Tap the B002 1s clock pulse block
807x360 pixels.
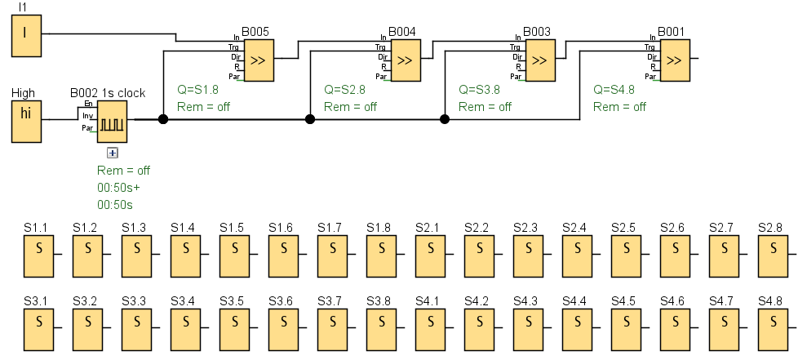tap(113, 121)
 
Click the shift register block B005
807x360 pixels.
tap(258, 60)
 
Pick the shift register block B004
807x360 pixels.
tap(405, 60)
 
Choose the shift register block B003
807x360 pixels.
tap(539, 60)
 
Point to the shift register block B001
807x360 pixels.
tap(673, 60)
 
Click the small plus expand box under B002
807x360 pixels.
tap(113, 153)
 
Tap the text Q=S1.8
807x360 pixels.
tap(197, 90)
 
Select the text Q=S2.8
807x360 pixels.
tap(344, 90)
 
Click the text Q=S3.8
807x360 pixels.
tap(479, 90)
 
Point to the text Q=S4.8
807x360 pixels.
tap(614, 90)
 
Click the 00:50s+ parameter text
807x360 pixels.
tap(118, 188)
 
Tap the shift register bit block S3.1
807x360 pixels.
tap(39, 328)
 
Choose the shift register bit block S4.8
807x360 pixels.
tap(774, 328)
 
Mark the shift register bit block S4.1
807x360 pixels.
tap(431, 328)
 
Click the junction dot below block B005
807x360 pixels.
tap(163, 119)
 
